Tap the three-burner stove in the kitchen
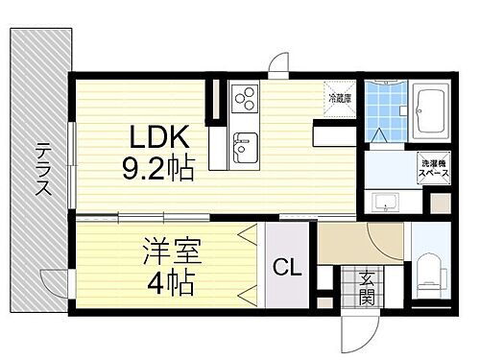(244, 101)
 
